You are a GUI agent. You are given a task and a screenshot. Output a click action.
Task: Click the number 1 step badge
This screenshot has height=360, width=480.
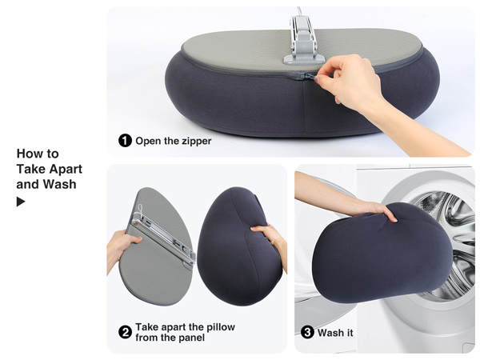tap(126, 141)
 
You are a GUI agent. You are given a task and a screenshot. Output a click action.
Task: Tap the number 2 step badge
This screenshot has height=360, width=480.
tap(125, 332)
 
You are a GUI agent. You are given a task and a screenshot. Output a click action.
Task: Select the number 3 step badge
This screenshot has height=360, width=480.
tap(307, 332)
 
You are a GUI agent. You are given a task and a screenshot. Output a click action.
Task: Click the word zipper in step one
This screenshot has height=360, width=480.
tap(194, 141)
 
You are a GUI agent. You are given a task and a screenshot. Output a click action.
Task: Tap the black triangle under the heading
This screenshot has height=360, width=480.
tap(21, 202)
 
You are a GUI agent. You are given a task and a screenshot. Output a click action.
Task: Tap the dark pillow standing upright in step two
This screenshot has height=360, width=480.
tap(236, 248)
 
